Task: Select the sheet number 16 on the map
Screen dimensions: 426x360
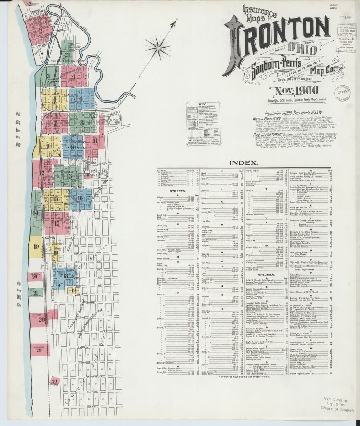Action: click(81, 198)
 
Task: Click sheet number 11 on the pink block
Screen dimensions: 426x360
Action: click(95, 140)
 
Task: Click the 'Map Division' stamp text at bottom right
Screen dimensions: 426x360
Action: click(334, 399)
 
